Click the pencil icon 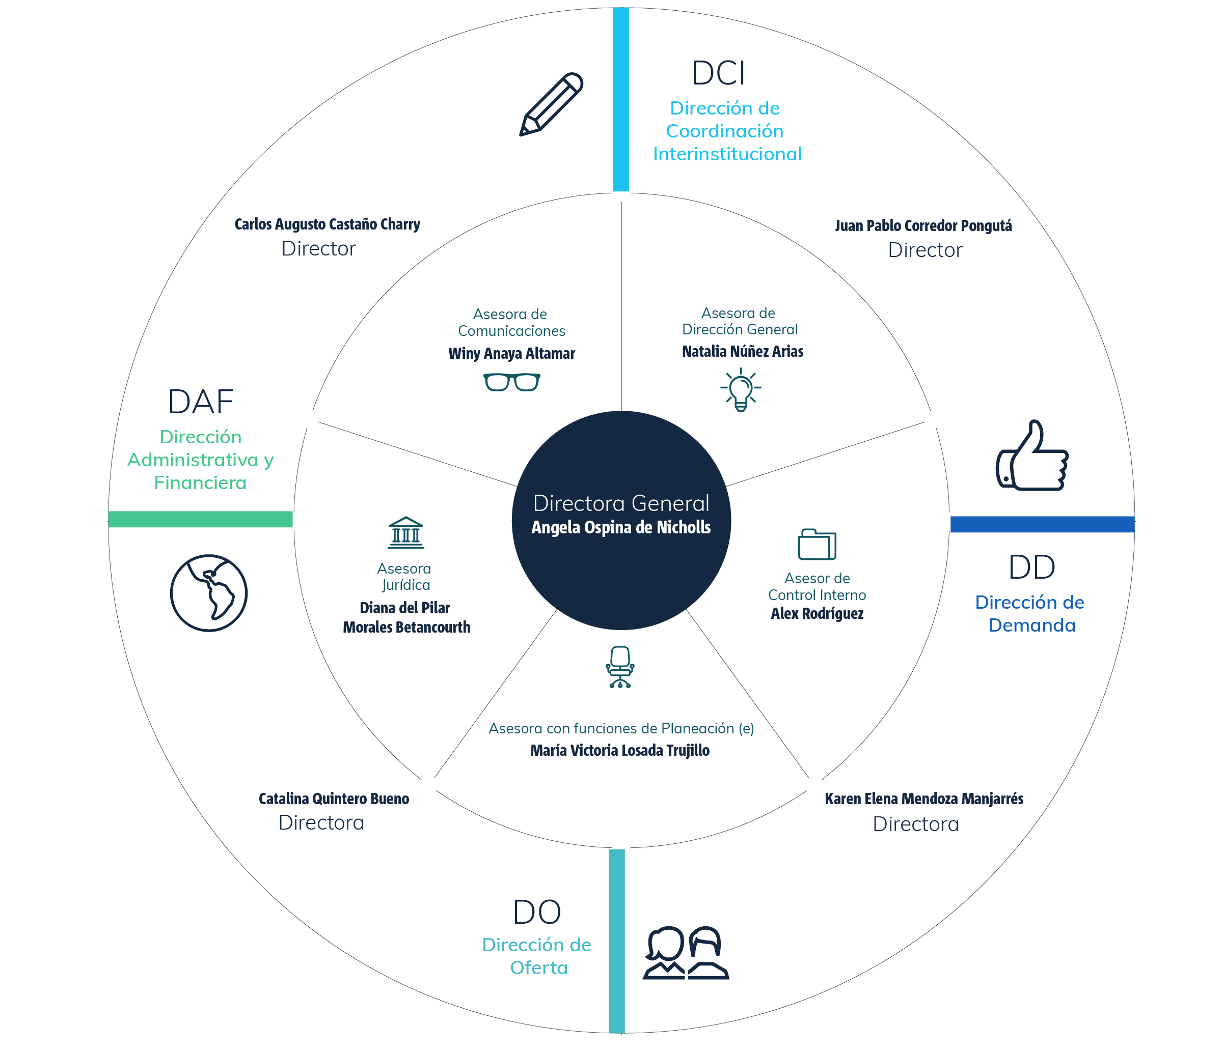point(551,104)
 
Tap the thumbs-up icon point(1032,456)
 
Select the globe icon point(209,593)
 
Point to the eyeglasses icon point(512,382)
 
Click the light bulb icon point(741,389)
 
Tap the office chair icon point(620,667)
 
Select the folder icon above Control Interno point(817,544)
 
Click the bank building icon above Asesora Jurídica point(406,533)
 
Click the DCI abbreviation point(718,73)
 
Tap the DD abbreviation point(1032,567)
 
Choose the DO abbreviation point(536,912)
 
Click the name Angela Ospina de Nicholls point(621,527)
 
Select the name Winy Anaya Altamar point(512,353)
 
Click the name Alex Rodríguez point(817,613)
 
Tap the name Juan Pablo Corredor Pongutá point(923,226)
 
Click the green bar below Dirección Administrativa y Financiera point(200,519)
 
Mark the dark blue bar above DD point(1042,524)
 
